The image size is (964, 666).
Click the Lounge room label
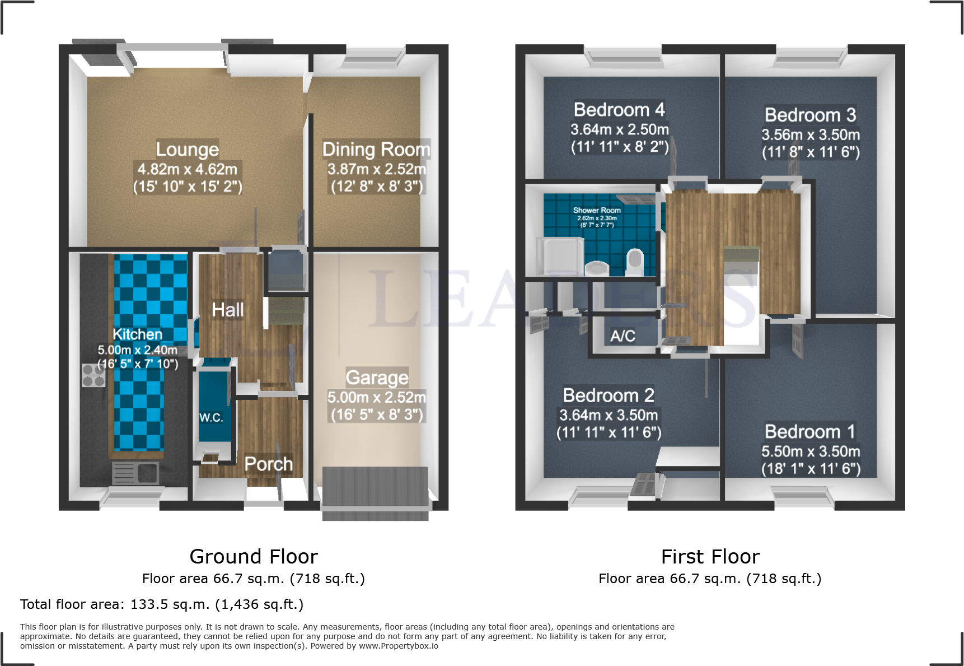point(187,150)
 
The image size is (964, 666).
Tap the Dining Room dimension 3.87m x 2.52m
point(376,169)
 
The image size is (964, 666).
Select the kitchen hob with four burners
point(93,375)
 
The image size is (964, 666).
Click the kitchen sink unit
point(135,473)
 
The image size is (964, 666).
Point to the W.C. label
point(211,418)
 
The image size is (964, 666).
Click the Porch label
point(269,464)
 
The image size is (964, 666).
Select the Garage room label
point(377,378)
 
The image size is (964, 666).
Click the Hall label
point(227,310)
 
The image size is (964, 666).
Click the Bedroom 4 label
point(619,110)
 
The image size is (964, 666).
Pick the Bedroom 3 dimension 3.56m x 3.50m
point(810,135)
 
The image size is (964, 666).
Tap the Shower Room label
point(597,210)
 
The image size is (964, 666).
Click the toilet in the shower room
point(634,262)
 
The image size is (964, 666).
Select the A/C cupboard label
point(623,336)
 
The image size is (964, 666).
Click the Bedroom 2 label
point(609,395)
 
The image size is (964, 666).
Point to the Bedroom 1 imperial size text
point(811,469)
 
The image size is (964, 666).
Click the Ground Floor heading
point(254,557)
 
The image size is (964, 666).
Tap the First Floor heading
point(710,557)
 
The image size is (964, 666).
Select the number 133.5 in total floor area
point(147,604)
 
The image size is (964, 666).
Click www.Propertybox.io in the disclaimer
point(398,646)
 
